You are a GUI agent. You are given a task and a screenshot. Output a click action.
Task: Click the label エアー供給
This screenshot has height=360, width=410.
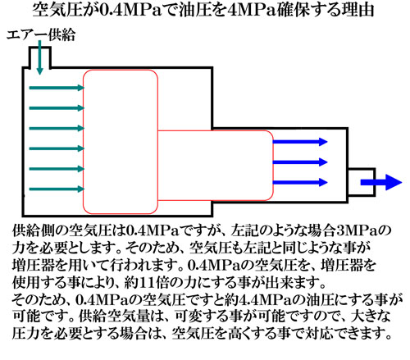point(41,35)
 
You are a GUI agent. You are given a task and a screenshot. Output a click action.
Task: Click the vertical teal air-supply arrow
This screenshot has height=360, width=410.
point(40,57)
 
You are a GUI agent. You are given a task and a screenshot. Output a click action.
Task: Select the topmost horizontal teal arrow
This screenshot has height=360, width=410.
point(57,88)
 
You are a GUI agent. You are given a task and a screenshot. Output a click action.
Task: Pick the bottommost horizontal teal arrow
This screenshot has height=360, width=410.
point(57,189)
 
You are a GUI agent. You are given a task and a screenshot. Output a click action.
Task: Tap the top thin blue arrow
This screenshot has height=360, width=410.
point(300,142)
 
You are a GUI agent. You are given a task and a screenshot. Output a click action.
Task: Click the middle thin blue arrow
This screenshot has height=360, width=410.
point(300,162)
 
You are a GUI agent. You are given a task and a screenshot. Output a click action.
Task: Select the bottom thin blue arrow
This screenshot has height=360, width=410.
point(300,182)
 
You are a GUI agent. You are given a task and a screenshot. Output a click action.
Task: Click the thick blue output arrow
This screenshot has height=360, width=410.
point(381,182)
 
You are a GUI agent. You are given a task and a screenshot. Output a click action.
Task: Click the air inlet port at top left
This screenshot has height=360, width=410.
point(30,57)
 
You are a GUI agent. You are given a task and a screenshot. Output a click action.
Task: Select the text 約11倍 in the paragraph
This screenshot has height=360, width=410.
point(149,283)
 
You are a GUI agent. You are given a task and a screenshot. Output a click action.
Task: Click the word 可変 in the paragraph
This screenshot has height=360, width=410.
point(189,317)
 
